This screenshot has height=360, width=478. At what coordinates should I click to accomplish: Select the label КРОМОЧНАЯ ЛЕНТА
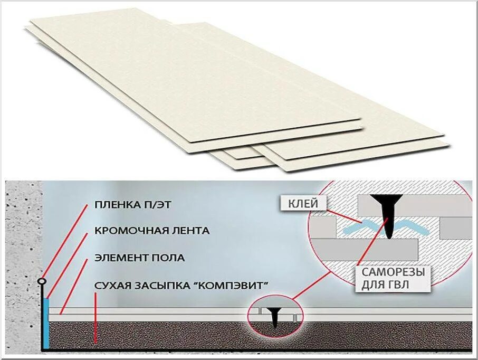click(152, 231)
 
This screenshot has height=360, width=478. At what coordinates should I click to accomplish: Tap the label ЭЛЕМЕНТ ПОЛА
click(139, 258)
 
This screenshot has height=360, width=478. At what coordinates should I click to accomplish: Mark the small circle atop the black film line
click(42, 282)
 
